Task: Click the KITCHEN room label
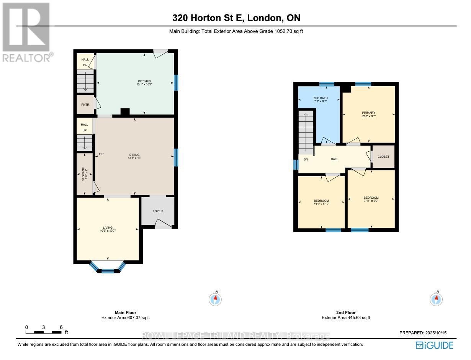[142, 81]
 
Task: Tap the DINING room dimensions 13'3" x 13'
[134, 159]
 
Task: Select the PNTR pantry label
[85, 104]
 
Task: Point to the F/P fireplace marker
[101, 154]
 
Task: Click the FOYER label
[157, 210]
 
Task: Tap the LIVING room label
[108, 227]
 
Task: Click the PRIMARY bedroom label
[368, 113]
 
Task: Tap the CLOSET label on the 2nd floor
[383, 157]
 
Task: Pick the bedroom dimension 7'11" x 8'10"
[321, 204]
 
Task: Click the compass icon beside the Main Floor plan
[216, 299]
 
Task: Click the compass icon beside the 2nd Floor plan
[437, 299]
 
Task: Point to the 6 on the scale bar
[61, 327]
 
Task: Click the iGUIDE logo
[434, 345]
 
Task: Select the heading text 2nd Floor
[346, 313]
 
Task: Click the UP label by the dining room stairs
[84, 131]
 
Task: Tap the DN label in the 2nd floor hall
[306, 159]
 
